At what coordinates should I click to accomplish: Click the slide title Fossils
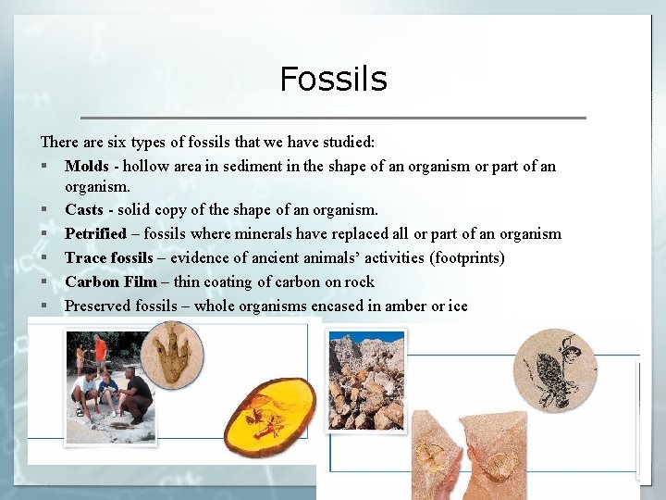[333, 79]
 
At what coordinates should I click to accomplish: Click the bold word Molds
[86, 167]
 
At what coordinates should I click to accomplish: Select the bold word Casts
[83, 210]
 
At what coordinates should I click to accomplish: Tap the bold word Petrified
[94, 233]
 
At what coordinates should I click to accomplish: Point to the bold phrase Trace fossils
[109, 257]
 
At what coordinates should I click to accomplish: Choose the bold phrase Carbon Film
[110, 281]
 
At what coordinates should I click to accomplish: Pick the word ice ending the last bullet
[458, 306]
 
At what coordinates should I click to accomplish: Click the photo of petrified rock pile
[366, 382]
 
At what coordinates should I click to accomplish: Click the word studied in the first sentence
[347, 143]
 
